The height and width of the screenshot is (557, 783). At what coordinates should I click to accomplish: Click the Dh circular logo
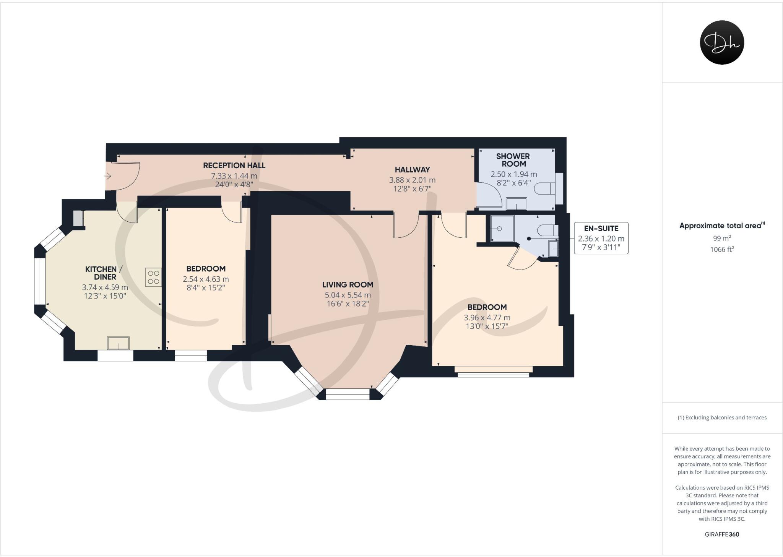tap(722, 42)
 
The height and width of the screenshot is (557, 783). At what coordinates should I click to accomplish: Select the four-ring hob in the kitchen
tap(153, 278)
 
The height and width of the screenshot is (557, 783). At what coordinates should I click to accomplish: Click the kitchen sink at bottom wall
tap(118, 343)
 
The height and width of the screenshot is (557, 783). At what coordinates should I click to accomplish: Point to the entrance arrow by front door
tap(108, 176)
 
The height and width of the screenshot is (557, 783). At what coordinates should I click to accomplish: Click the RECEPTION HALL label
tap(234, 166)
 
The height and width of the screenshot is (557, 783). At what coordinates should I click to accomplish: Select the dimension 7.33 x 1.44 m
tap(234, 176)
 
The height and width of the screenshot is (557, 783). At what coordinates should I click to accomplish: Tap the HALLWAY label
tap(412, 170)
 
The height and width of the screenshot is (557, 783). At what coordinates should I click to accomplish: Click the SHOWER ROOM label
tap(513, 160)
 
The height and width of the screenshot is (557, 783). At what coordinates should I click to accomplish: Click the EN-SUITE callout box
tap(601, 238)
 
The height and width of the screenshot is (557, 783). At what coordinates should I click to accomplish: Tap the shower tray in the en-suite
tap(502, 229)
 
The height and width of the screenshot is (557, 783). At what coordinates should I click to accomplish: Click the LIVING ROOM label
tap(348, 284)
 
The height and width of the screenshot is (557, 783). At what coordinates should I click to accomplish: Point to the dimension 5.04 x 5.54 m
tap(348, 295)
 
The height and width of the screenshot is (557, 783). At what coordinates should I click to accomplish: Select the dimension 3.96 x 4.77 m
tap(487, 318)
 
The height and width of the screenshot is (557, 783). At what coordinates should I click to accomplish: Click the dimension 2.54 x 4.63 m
tap(206, 279)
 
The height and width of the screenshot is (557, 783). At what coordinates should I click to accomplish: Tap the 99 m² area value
tap(722, 238)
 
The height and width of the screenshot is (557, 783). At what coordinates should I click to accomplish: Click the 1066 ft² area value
tap(722, 250)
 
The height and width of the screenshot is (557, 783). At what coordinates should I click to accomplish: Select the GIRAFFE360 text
tap(722, 534)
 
